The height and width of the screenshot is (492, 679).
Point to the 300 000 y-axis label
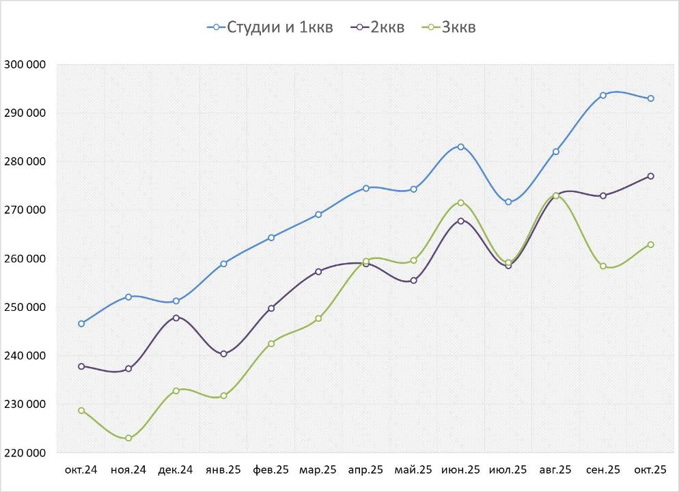point(25,65)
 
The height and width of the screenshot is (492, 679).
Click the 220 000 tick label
point(25,453)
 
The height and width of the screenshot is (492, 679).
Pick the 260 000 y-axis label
point(25,259)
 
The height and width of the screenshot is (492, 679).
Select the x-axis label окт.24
point(81,470)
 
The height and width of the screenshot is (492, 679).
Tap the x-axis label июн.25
point(461,470)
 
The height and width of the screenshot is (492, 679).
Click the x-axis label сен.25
point(603,470)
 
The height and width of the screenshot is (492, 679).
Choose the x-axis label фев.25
point(271,470)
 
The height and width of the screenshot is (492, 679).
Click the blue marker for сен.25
point(603,96)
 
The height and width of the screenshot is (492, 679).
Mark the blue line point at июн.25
point(461,147)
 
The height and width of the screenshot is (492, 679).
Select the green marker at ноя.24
point(128,438)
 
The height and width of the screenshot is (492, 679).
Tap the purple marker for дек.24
point(176,318)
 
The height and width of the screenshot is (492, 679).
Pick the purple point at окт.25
point(651,176)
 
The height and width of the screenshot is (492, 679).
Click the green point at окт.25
point(651,245)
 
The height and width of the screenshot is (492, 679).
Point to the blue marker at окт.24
point(81,324)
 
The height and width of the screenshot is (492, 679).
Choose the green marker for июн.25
point(461,202)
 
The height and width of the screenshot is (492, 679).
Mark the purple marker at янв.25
point(223,354)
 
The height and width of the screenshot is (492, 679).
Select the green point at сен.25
point(603,266)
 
